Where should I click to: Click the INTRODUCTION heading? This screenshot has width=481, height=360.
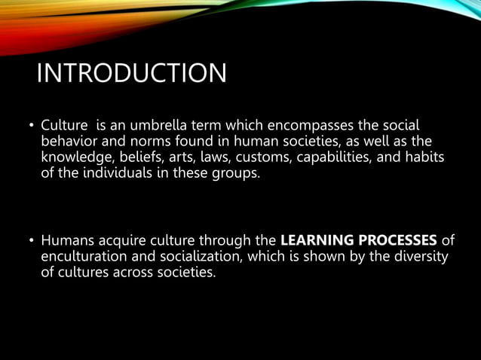pyautogui.click(x=131, y=74)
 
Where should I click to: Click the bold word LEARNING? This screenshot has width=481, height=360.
pyautogui.click(x=316, y=242)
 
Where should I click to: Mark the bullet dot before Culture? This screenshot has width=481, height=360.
pyautogui.click(x=32, y=125)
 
